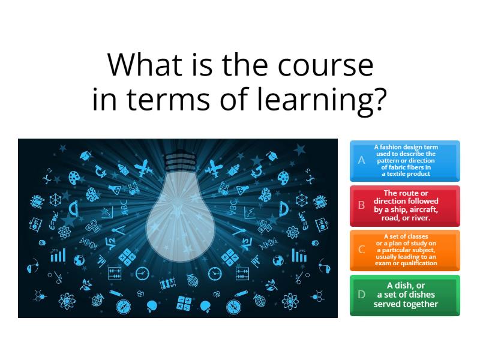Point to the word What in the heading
point(140,65)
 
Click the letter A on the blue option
point(361,160)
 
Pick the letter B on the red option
point(361,205)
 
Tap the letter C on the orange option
point(361,250)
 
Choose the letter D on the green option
point(361,295)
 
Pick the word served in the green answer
point(387,304)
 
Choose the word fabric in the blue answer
point(400,167)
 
